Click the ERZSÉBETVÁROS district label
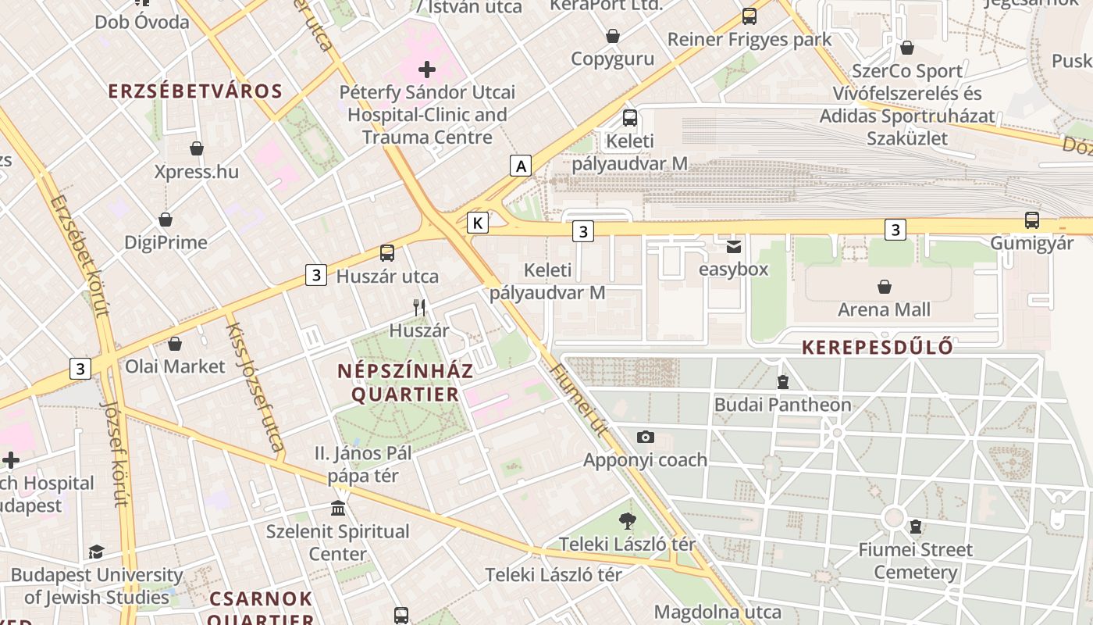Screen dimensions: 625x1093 click(x=195, y=91)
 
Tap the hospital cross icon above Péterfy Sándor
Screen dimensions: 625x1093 click(x=427, y=70)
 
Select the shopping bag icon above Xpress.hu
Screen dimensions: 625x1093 click(x=197, y=148)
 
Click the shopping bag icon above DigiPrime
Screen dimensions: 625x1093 click(x=166, y=220)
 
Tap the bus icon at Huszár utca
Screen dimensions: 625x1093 click(x=387, y=252)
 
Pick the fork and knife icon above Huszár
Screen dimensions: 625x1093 click(x=420, y=308)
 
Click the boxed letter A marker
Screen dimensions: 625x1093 click(x=521, y=166)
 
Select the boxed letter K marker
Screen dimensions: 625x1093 click(x=478, y=223)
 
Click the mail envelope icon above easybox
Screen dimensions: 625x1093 click(x=734, y=247)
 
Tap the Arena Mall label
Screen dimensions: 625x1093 click(x=884, y=309)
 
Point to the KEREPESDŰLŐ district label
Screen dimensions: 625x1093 click(x=878, y=347)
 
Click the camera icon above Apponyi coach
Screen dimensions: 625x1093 click(x=646, y=437)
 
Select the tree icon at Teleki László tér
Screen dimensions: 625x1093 click(x=627, y=520)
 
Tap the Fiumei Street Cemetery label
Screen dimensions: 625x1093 click(x=915, y=561)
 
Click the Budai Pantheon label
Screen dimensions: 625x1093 click(x=783, y=405)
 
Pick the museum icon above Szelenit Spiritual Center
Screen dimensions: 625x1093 click(x=338, y=509)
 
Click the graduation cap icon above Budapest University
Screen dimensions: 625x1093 click(x=96, y=552)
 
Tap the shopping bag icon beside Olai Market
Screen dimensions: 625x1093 click(x=175, y=344)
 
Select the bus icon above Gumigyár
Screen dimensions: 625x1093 click(x=1032, y=220)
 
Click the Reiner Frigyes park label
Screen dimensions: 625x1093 click(x=749, y=39)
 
